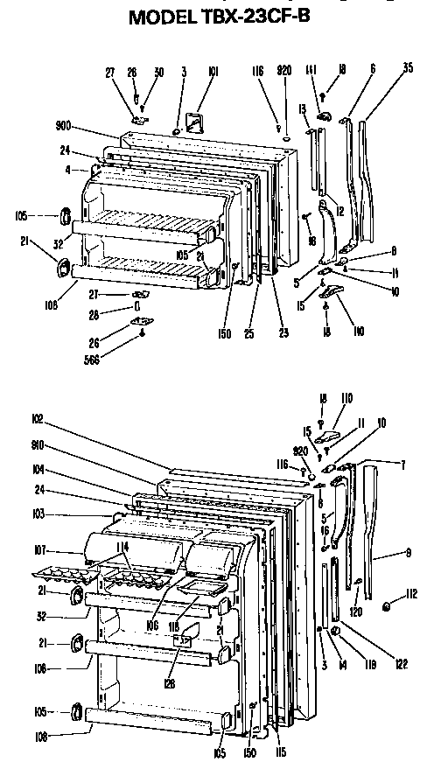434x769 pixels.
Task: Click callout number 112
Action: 410,597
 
